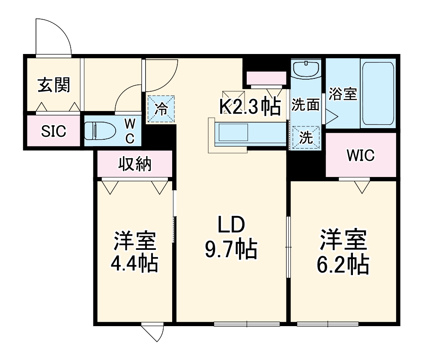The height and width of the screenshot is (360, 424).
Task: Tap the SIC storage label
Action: click(54, 132)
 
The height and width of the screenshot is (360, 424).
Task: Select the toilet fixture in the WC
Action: click(100, 131)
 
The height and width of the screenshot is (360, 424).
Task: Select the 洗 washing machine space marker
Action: click(306, 138)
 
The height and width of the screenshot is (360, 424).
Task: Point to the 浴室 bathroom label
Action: click(343, 94)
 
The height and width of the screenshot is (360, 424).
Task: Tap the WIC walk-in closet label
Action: click(361, 155)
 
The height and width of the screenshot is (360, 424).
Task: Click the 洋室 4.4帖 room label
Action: click(135, 253)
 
